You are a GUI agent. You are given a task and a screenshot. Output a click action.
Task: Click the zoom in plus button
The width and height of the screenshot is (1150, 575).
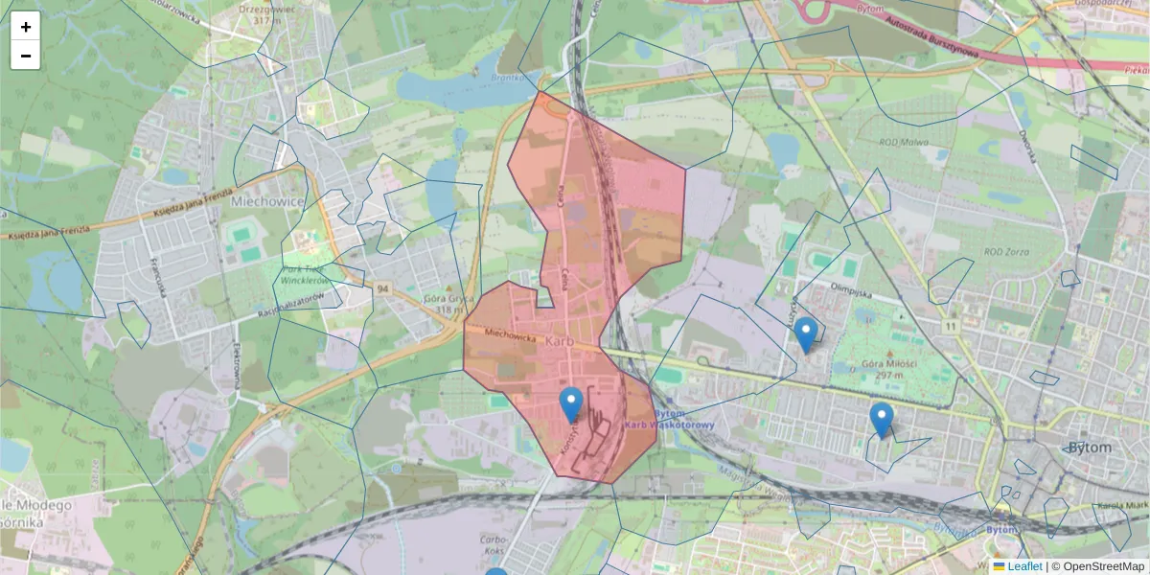tap(26, 27)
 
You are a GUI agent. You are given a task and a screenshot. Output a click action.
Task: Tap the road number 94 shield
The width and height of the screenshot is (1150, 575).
tap(383, 288)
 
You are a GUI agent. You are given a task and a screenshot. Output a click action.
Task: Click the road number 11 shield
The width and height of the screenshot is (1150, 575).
tap(950, 327)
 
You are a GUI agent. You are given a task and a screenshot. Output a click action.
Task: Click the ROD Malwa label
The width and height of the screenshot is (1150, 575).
tap(906, 141)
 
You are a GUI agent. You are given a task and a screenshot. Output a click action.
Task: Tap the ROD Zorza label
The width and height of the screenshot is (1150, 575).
tap(1006, 252)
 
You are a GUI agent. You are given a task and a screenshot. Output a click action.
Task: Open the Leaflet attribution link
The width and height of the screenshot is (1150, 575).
tap(1024, 566)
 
